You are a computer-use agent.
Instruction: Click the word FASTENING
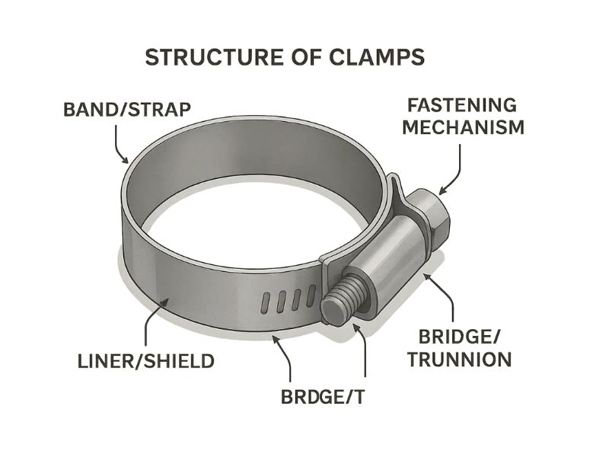tap(463, 105)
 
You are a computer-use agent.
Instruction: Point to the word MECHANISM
tap(463, 126)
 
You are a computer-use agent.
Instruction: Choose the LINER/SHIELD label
tap(146, 361)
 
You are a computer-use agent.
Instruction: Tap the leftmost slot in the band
tap(264, 302)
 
